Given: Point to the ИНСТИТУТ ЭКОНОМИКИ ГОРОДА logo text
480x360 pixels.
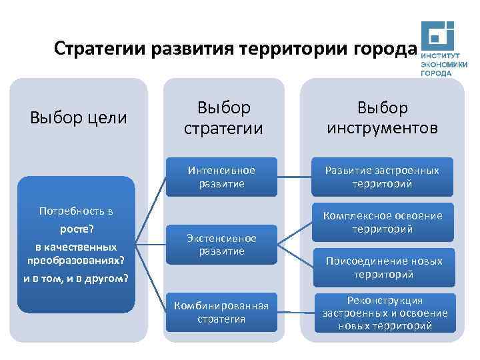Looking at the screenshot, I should click(443, 65).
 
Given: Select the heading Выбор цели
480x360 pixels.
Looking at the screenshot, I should click(79, 118).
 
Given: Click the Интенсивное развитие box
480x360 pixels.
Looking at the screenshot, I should click(221, 177).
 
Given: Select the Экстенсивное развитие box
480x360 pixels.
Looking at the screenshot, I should click(221, 244).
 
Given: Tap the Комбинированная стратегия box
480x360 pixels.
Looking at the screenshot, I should click(221, 312).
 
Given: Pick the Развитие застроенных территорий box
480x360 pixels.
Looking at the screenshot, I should click(382, 177).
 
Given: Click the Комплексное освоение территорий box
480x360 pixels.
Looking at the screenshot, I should click(382, 222).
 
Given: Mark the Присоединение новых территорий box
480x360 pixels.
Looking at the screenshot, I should click(382, 267).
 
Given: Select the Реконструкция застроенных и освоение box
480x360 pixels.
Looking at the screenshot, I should click(382, 313).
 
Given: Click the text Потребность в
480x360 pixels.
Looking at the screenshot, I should click(76, 212).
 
